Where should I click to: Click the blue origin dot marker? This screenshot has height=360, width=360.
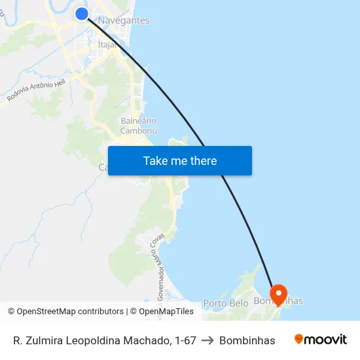[82, 14]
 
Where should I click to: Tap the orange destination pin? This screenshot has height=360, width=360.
[278, 295]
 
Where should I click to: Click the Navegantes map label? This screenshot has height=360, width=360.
[124, 21]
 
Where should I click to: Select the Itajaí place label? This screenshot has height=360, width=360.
[107, 45]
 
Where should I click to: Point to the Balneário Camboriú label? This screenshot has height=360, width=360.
[139, 126]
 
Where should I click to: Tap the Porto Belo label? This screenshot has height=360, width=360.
[225, 303]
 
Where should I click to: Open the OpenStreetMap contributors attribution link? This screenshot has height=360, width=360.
[70, 312]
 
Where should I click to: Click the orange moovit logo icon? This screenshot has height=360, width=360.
[299, 339]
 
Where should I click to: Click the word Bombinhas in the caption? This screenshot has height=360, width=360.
[247, 340]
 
